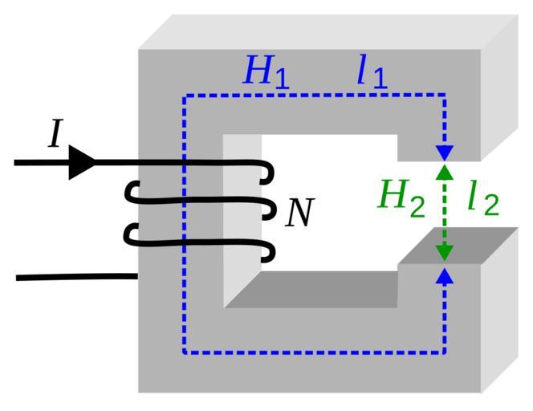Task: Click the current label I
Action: [x=55, y=134]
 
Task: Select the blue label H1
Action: [x=266, y=73]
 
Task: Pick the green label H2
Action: [x=401, y=197]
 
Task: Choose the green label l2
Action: [x=483, y=198]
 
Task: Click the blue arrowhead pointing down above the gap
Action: [x=444, y=152]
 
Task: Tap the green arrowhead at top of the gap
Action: [x=444, y=171]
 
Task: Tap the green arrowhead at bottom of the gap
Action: [x=444, y=252]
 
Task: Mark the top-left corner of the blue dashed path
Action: [x=185, y=96]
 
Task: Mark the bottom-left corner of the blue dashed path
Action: [x=185, y=352]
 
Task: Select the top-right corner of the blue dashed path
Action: [x=444, y=96]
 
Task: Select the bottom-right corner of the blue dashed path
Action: [x=444, y=352]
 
